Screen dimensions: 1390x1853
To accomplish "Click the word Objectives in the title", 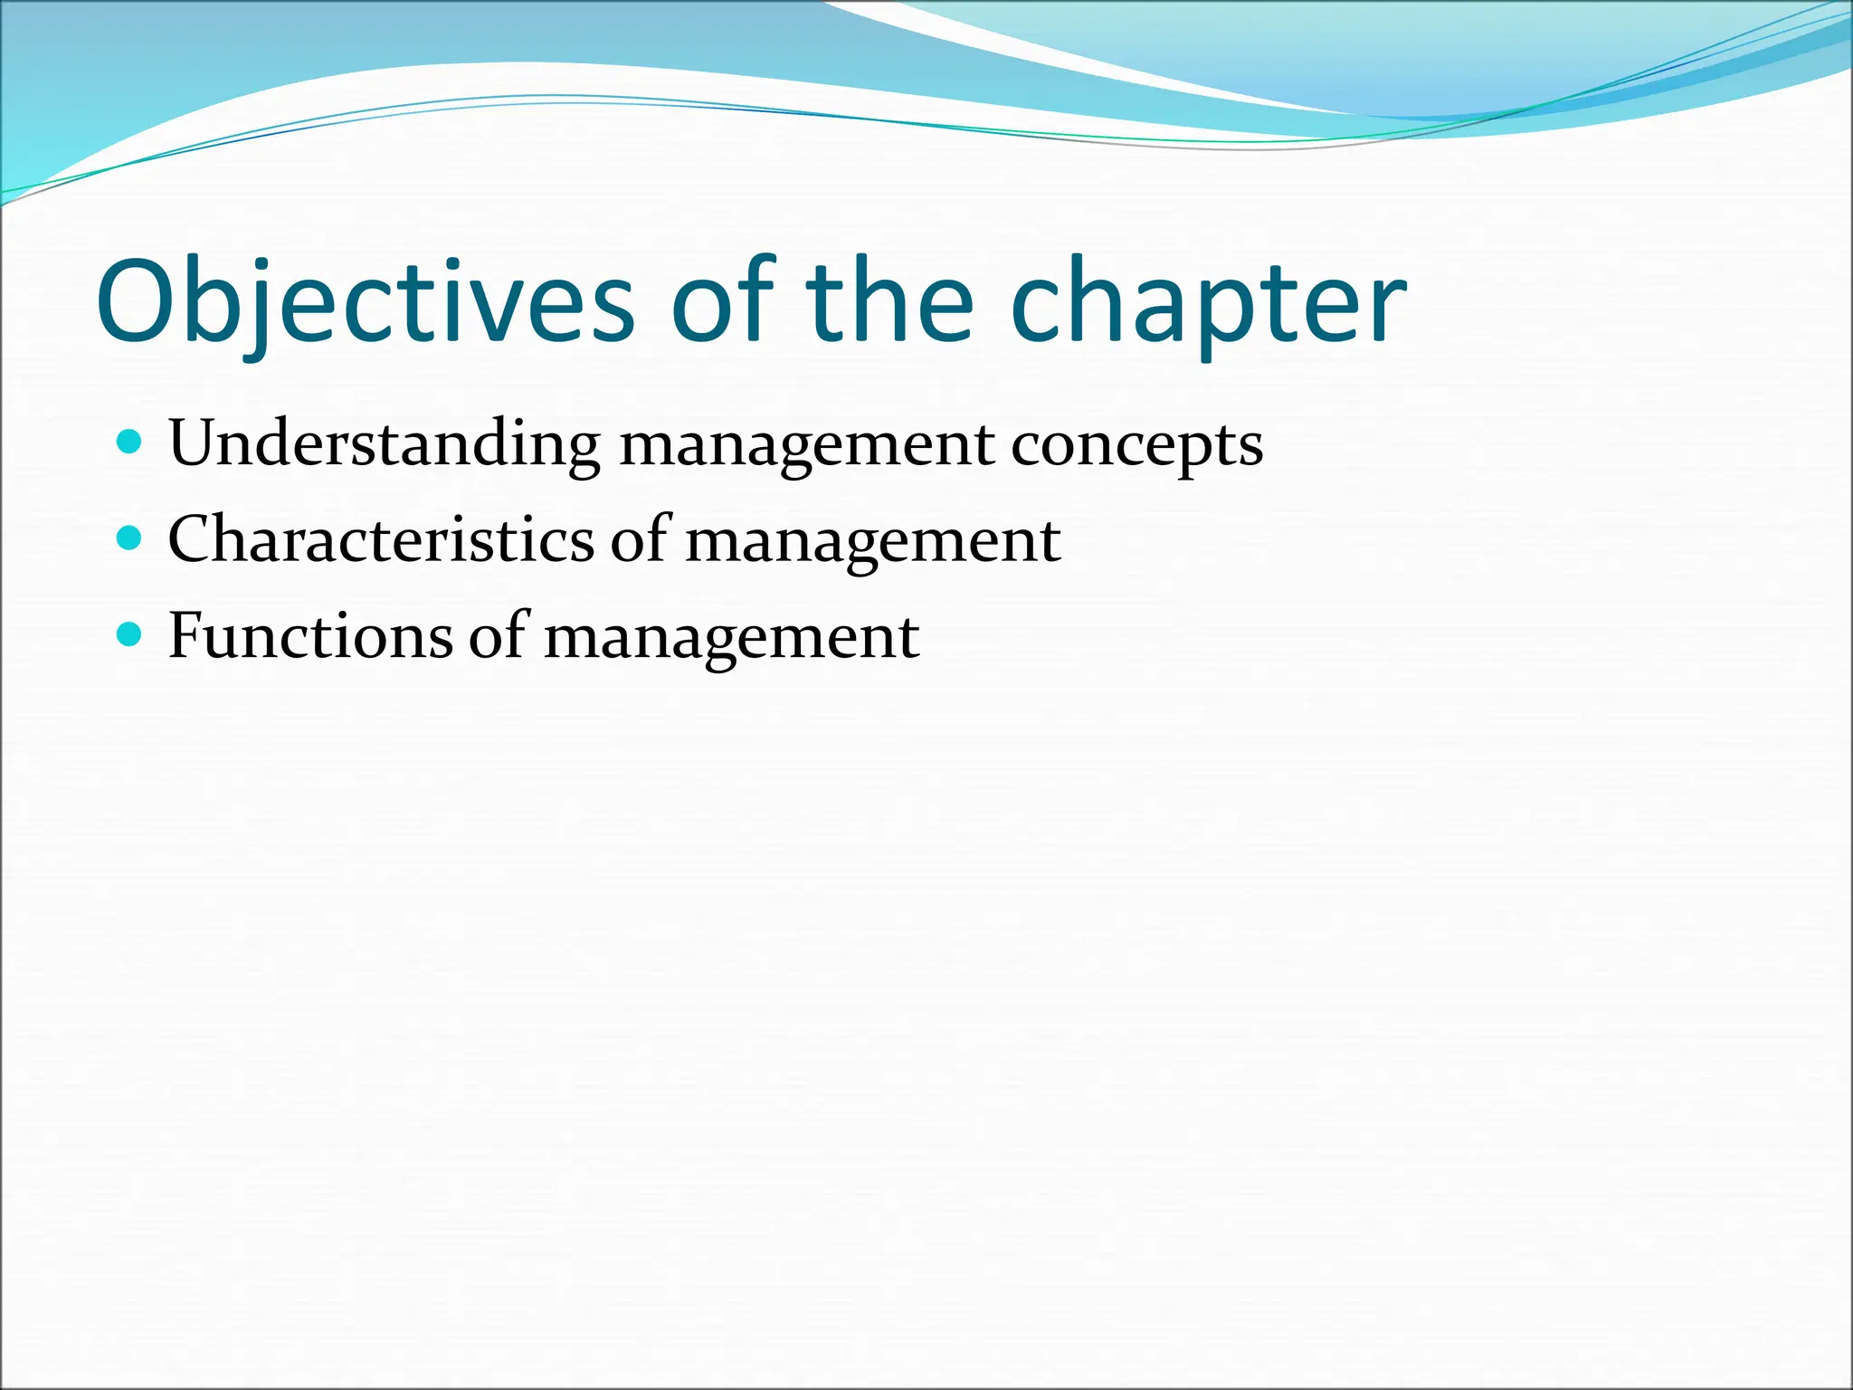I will pyautogui.click(x=365, y=302).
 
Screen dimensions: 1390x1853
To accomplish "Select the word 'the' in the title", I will pyautogui.click(x=889, y=302).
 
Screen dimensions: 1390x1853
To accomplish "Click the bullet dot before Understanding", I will pyautogui.click(x=130, y=443).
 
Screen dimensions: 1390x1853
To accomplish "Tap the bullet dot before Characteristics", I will pyautogui.click(x=130, y=539).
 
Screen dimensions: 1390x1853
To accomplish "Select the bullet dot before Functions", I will pyautogui.click(x=130, y=634).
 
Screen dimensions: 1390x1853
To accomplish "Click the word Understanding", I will pyautogui.click(x=384, y=445).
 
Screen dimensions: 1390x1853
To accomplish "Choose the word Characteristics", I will pyautogui.click(x=381, y=539).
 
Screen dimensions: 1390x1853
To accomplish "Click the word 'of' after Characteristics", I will pyautogui.click(x=641, y=539).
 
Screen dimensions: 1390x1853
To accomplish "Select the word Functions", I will pyautogui.click(x=309, y=635).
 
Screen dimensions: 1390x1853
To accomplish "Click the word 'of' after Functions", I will pyautogui.click(x=499, y=635).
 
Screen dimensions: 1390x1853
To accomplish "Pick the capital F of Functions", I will pyautogui.click(x=188, y=635).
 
